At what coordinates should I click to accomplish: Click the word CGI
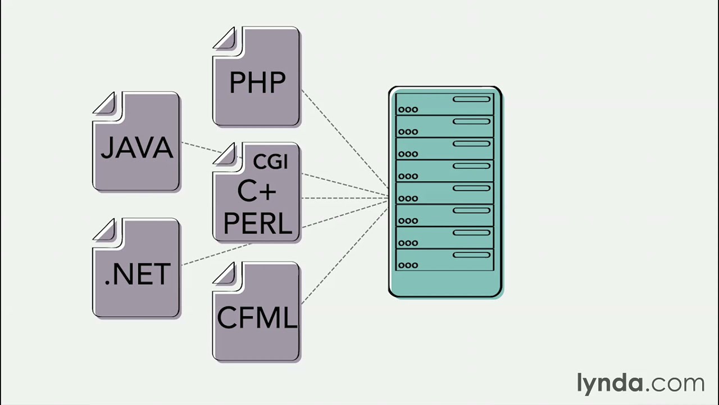pyautogui.click(x=270, y=162)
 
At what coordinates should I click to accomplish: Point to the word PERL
pyautogui.click(x=257, y=223)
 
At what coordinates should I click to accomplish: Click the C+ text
pyautogui.click(x=257, y=191)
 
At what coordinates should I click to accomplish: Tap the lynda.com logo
pyautogui.click(x=640, y=383)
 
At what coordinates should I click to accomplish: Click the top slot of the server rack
pyautogui.click(x=444, y=104)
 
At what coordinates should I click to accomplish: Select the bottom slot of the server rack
pyautogui.click(x=444, y=259)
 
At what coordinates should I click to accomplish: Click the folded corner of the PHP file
pyautogui.click(x=226, y=39)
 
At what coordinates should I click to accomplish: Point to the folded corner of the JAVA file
pyautogui.click(x=106, y=104)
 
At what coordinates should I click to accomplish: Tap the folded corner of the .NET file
pyautogui.click(x=106, y=231)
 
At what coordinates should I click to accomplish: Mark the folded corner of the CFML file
pyautogui.click(x=226, y=273)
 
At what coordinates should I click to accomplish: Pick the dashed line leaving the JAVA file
pyautogui.click(x=201, y=147)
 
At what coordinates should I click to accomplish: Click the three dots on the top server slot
pyautogui.click(x=408, y=110)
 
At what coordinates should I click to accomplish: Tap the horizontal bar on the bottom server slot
pyautogui.click(x=471, y=255)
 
